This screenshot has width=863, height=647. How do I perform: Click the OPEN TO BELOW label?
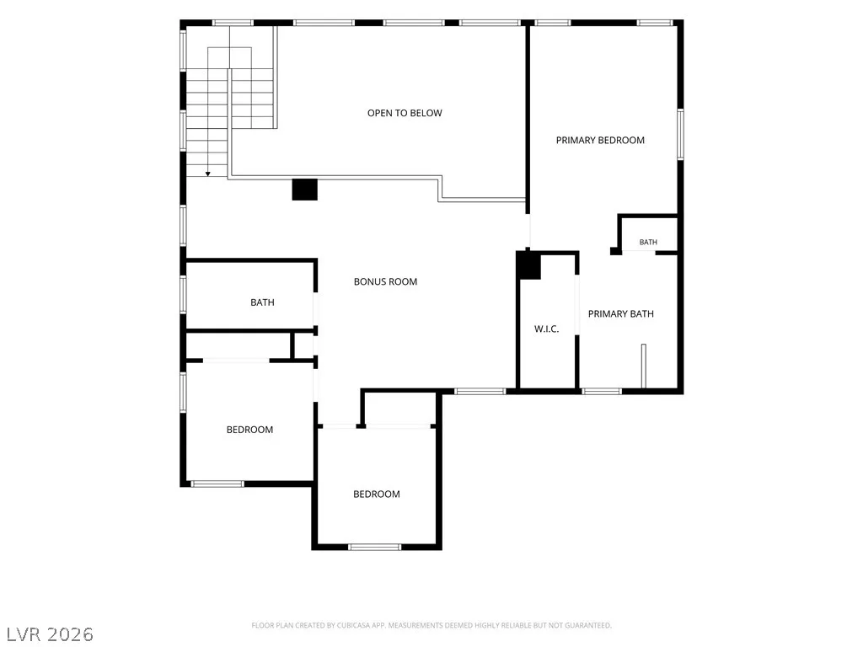click(x=405, y=113)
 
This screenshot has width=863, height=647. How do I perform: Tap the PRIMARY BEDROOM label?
click(x=600, y=141)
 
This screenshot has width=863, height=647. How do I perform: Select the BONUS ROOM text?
click(x=385, y=281)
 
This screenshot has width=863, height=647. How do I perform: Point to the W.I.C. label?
click(x=546, y=329)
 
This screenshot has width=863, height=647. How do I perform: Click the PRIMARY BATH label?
click(x=621, y=313)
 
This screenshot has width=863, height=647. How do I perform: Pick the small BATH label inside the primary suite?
click(x=648, y=242)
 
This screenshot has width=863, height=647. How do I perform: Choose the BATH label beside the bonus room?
click(x=262, y=302)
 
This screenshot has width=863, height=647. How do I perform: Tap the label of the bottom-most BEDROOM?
click(x=377, y=494)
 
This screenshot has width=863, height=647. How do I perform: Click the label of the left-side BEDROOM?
click(x=249, y=430)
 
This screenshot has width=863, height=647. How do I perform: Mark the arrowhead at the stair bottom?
click(x=208, y=174)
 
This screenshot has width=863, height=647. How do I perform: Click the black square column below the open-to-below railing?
click(x=304, y=190)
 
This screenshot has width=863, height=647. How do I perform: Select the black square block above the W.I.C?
click(x=528, y=265)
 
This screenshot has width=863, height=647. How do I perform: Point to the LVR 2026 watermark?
click(x=50, y=634)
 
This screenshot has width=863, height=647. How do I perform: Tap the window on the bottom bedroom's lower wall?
click(x=375, y=547)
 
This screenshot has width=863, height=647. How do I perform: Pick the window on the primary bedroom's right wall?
click(x=680, y=134)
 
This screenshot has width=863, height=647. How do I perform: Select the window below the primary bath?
click(x=601, y=391)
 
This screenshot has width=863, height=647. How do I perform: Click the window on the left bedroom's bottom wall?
click(x=217, y=484)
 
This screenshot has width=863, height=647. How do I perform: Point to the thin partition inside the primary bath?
click(x=643, y=366)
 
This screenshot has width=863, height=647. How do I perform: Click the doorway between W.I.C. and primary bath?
click(x=576, y=304)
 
